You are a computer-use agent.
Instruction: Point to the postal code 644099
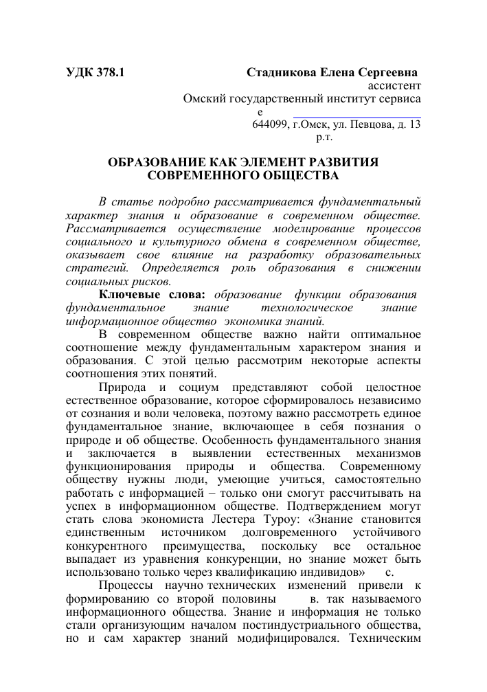[x=270, y=124]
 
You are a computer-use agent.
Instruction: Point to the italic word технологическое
[x=302, y=308]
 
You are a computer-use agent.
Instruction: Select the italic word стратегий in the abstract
[x=92, y=268]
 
